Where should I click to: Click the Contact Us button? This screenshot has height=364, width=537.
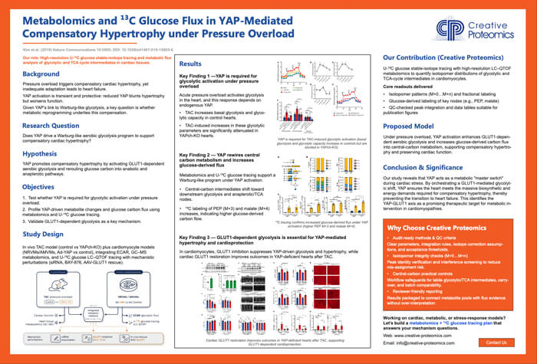[496, 342]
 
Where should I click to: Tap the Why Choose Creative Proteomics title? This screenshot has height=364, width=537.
[436, 227]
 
